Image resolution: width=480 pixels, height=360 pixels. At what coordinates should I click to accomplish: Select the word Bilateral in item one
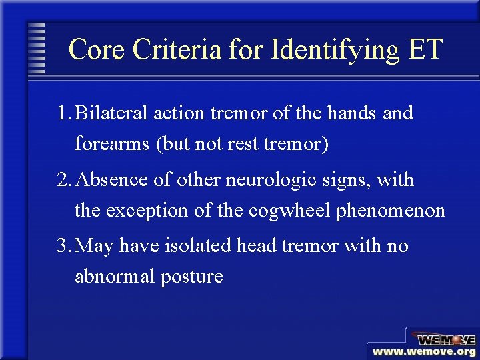point(112,113)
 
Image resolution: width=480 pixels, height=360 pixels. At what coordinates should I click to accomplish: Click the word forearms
point(112,145)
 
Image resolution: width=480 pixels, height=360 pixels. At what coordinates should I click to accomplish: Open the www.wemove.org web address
point(424,351)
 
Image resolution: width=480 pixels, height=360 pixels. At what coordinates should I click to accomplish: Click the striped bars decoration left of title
point(37,48)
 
